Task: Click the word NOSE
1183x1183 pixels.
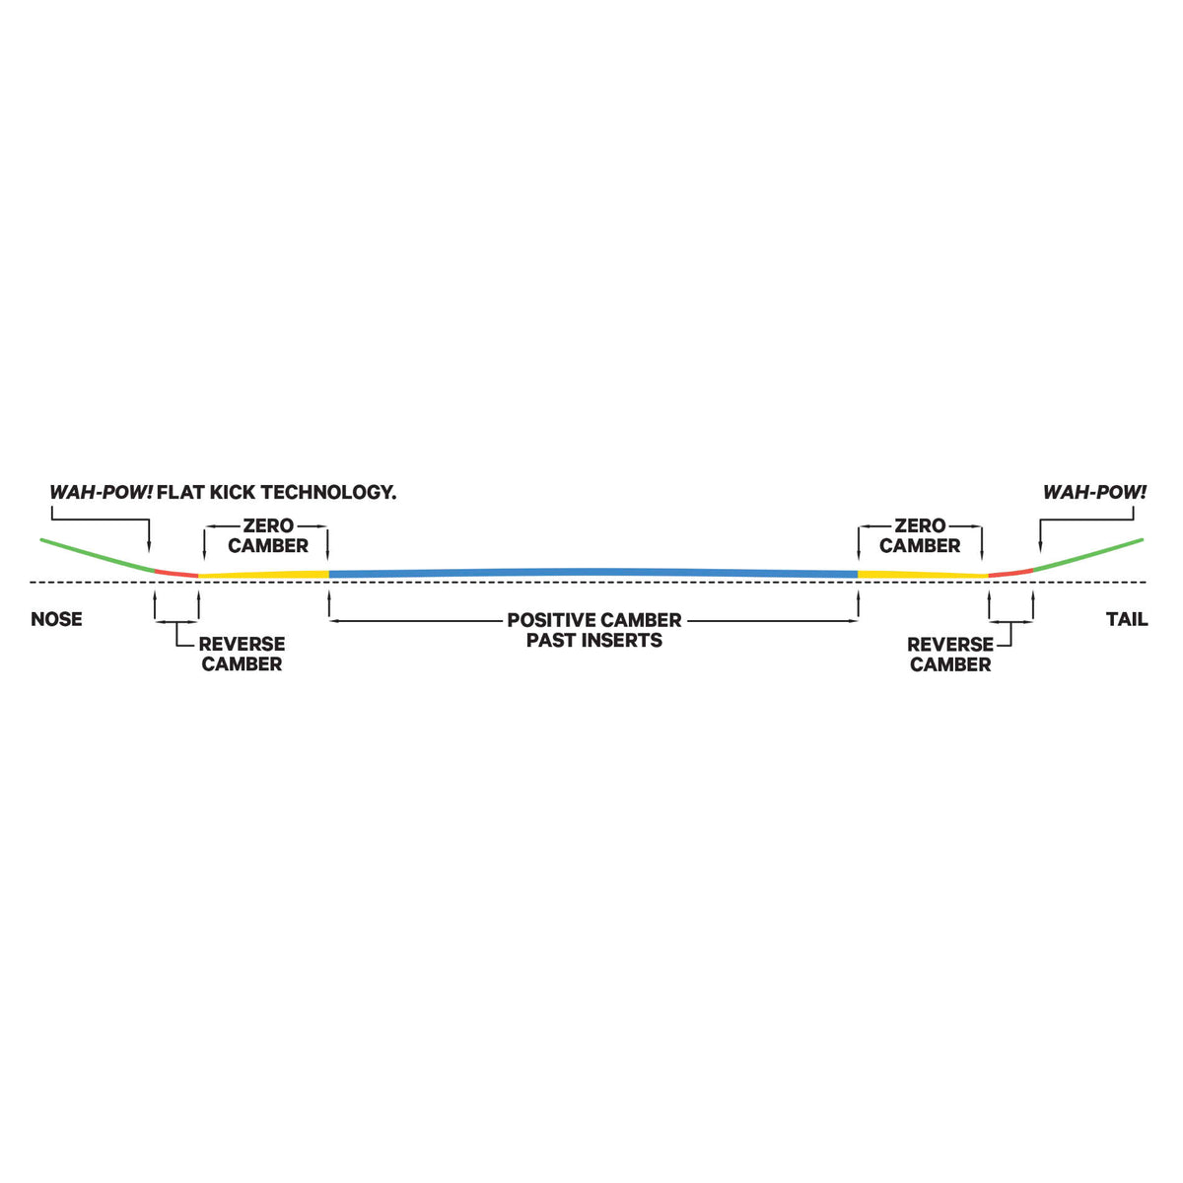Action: (56, 619)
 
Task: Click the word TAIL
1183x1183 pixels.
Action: (1127, 619)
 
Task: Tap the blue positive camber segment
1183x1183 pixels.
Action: (593, 572)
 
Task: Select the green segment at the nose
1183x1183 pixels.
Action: (98, 555)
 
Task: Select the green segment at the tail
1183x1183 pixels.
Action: (1087, 555)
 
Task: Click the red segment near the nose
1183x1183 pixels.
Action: (176, 573)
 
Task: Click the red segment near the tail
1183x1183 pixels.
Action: (1010, 573)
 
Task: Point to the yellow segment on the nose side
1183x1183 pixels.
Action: (264, 574)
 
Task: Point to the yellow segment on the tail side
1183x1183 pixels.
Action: (923, 574)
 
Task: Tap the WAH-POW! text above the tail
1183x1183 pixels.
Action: (1094, 492)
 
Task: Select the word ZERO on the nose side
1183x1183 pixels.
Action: (268, 525)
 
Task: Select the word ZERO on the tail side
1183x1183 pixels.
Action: (920, 525)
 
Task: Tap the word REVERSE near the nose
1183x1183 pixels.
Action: (242, 644)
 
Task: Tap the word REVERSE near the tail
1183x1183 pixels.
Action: (950, 645)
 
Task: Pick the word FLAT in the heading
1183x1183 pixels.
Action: (180, 492)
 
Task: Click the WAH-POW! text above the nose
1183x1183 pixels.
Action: (102, 492)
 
